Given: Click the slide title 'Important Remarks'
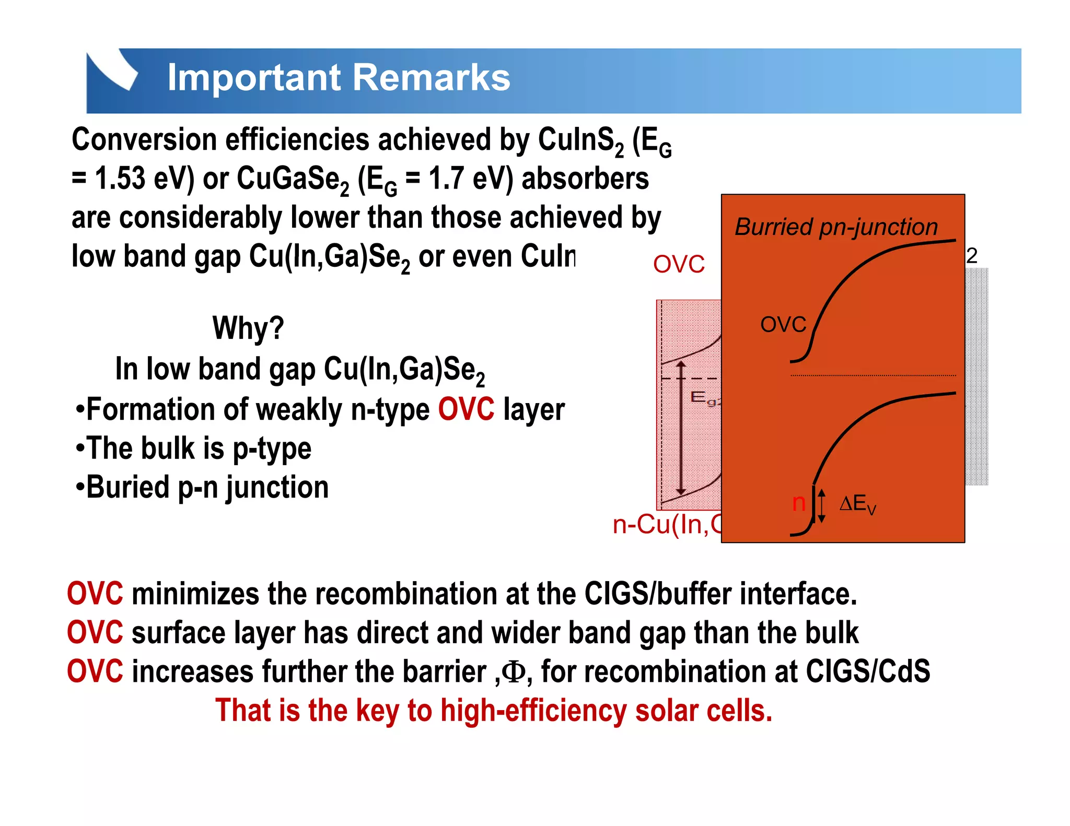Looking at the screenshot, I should (x=339, y=78).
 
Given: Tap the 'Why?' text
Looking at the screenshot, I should (x=248, y=328).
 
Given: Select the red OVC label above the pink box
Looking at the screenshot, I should (x=679, y=264).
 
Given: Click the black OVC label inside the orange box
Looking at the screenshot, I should (x=783, y=325).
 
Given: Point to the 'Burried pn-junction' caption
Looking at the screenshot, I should (x=836, y=227).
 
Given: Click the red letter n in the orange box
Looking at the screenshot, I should (x=798, y=503).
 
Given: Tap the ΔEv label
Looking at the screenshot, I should (x=857, y=504).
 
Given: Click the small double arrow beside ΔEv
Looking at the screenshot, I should (x=822, y=505).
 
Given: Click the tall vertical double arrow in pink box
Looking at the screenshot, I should (x=680, y=428).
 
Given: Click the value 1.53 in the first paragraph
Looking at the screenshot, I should (x=120, y=179).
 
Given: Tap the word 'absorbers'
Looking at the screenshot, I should (x=585, y=179).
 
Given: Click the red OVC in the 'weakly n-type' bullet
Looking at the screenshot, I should (x=466, y=409).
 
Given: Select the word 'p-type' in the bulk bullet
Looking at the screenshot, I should (x=272, y=449).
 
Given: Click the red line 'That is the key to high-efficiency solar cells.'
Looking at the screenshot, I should (x=494, y=711).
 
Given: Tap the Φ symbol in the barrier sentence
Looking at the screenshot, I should (x=514, y=672).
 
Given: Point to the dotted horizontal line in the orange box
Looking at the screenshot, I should (x=873, y=375).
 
